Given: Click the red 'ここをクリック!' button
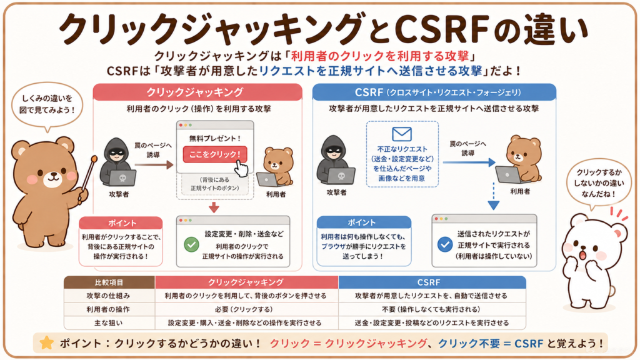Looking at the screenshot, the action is pyautogui.click(x=215, y=154).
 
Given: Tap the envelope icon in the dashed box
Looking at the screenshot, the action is pyautogui.click(x=402, y=134).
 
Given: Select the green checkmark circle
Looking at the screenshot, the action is pyautogui.click(x=191, y=244).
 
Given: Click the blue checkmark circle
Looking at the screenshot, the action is pyautogui.click(x=444, y=244).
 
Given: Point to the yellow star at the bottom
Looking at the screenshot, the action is pyautogui.click(x=46, y=343).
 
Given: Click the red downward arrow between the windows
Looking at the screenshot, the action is pyautogui.click(x=214, y=207).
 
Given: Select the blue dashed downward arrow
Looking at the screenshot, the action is pyautogui.click(x=494, y=196).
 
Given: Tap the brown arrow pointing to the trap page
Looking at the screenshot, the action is pyautogui.click(x=154, y=165).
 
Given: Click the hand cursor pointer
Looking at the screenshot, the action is pyautogui.click(x=241, y=168).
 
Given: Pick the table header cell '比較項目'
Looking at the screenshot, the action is pyautogui.click(x=109, y=282).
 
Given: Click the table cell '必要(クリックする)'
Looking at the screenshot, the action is pyautogui.click(x=246, y=309).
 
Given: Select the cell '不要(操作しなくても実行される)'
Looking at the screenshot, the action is pyautogui.click(x=432, y=309).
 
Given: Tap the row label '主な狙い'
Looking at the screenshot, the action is pyautogui.click(x=109, y=322).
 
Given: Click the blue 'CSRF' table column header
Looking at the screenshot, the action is pyautogui.click(x=432, y=282).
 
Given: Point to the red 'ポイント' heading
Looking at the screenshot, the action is pyautogui.click(x=121, y=223).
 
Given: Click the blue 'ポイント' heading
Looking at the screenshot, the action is pyautogui.click(x=364, y=222).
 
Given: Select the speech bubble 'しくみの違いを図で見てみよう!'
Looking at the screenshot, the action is pyautogui.click(x=47, y=105).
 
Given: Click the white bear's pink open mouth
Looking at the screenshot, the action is pyautogui.click(x=582, y=255).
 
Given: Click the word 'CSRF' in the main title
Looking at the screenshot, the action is pyautogui.click(x=442, y=29).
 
